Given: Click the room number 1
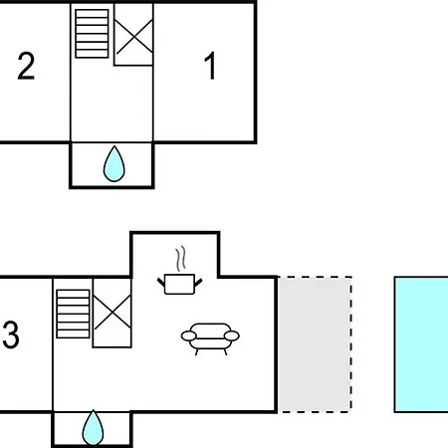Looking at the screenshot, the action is click(210, 66).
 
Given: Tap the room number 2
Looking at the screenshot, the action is click(26, 66).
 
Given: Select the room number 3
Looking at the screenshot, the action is click(11, 335).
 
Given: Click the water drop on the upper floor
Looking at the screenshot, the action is click(113, 164).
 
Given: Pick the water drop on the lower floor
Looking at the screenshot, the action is click(93, 428).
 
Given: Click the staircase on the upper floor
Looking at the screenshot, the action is click(92, 34).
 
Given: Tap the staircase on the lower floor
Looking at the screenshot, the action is click(73, 314).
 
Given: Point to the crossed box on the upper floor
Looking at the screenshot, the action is click(133, 35).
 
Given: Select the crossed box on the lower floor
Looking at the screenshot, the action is click(112, 313).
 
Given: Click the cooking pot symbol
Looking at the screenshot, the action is click(179, 284).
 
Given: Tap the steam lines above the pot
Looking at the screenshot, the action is click(180, 259).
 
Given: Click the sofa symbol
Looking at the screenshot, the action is click(210, 338).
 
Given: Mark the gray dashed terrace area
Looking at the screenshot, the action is click(315, 344).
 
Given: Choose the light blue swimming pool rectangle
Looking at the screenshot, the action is click(421, 344).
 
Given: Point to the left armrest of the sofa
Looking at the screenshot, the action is click(189, 336).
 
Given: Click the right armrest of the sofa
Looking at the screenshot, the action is click(232, 336).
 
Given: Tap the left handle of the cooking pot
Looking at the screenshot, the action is click(161, 283).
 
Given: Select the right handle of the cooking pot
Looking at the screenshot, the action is click(198, 283).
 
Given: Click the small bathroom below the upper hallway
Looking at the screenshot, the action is click(112, 165).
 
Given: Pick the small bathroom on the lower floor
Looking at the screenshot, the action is click(92, 429).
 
